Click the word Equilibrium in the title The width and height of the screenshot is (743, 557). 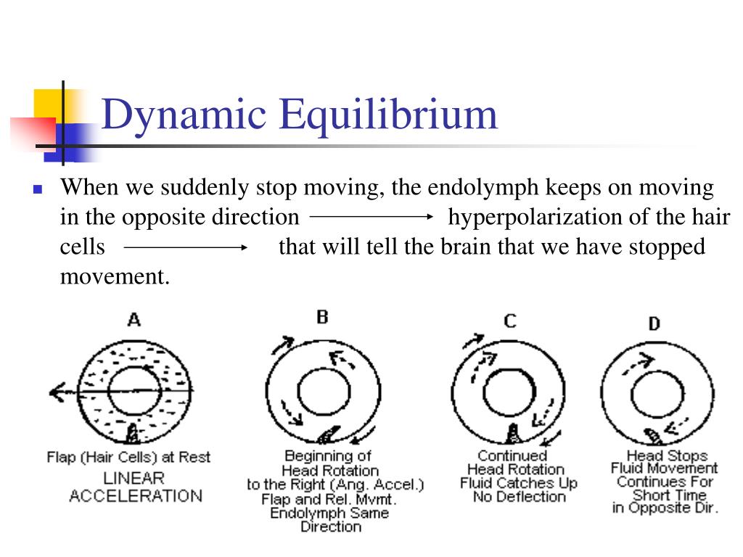tap(387, 116)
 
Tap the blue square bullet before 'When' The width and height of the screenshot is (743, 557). tap(38, 191)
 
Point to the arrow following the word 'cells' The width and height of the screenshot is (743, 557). tap(186, 247)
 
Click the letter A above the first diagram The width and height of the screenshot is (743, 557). tap(134, 320)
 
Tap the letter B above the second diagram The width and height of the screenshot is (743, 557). tap(323, 317)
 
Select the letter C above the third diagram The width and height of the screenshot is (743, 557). tap(510, 320)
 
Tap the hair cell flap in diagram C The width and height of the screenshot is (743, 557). tap(512, 433)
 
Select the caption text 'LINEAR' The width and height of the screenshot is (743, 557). tap(134, 479)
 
